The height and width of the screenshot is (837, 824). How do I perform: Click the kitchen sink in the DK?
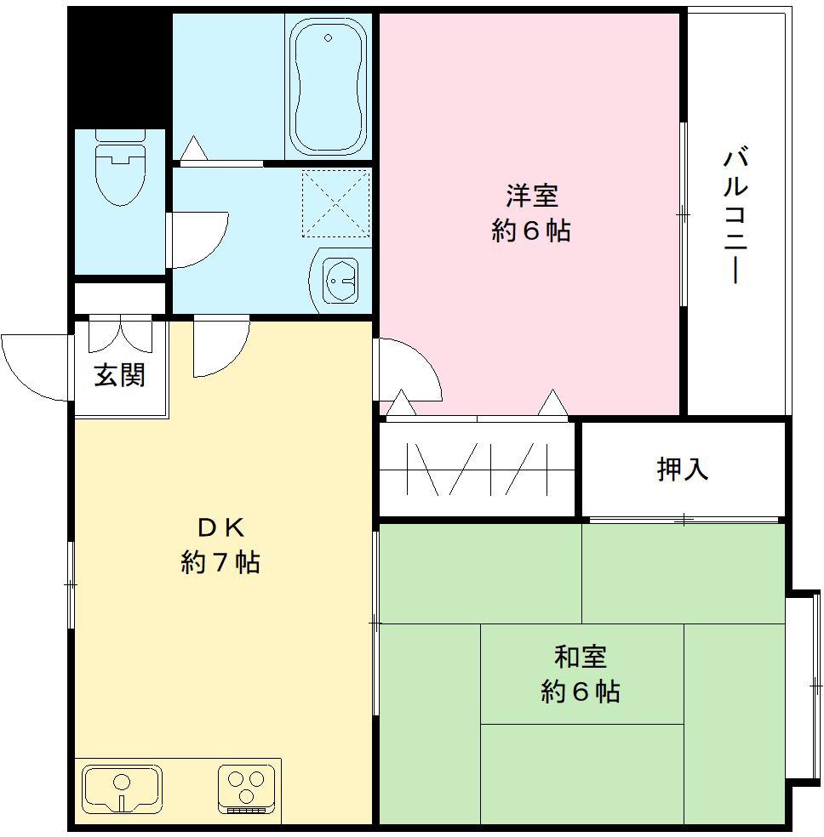coord(122,789)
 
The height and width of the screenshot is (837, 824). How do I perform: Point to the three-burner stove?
coord(247,787)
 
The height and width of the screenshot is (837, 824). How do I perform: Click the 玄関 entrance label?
coord(119,374)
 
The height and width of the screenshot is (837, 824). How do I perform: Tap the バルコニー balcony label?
coord(736,217)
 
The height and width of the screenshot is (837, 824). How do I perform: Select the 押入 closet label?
coord(683,469)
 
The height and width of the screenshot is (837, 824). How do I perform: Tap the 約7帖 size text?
coord(220,562)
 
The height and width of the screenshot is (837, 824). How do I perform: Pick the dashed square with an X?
coord(336,203)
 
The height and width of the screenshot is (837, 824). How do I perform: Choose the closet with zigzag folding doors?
coord(477,469)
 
